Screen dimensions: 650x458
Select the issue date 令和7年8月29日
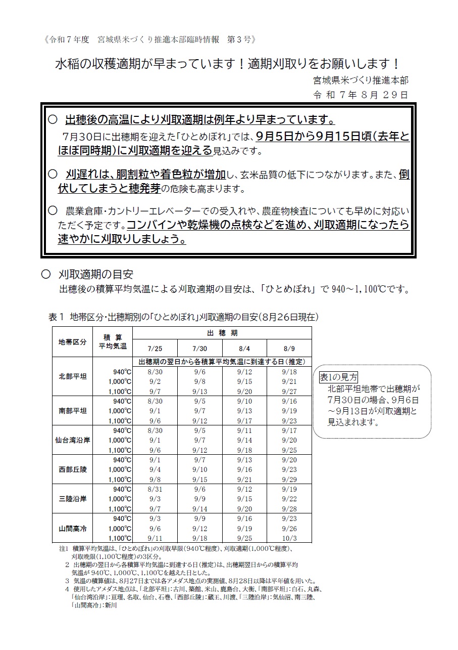point(360,95)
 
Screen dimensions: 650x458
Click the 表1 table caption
point(183,317)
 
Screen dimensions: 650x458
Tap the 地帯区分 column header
point(73,341)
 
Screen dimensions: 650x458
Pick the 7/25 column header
point(155,349)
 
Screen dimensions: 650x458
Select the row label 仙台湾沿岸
point(73,440)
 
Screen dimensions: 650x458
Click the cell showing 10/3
point(289,538)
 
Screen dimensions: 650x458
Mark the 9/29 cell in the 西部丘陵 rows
point(289,480)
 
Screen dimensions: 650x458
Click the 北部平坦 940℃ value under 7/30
point(199,372)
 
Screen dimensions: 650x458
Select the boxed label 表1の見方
point(339,377)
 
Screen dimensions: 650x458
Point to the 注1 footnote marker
point(63,548)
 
